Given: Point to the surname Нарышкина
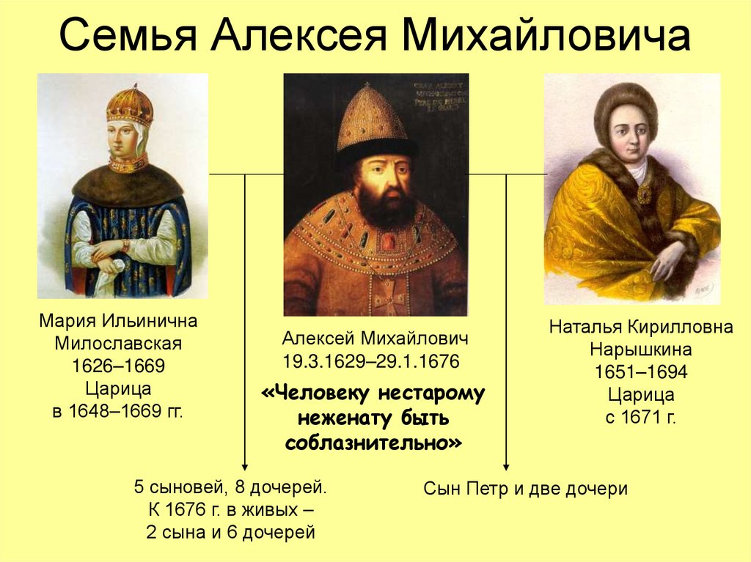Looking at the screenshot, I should (x=641, y=350).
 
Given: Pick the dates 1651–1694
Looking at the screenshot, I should (x=641, y=372).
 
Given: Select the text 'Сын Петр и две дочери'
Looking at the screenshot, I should (x=525, y=489).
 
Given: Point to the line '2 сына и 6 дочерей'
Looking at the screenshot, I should (x=230, y=532).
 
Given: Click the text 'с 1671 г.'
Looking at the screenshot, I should (x=641, y=418).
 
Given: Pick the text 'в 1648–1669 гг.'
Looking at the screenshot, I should (x=117, y=412).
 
